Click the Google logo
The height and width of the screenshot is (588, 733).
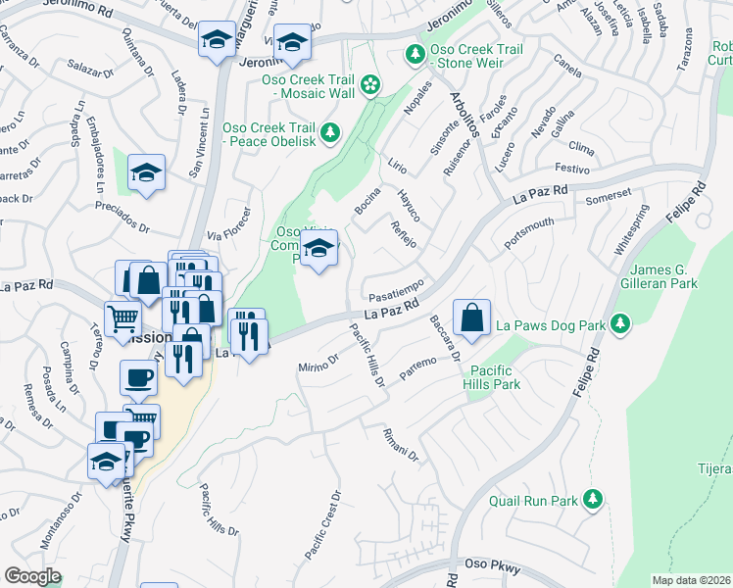click(x=32, y=576)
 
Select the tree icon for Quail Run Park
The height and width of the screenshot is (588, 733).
click(x=592, y=500)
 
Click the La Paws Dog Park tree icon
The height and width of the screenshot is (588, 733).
click(x=619, y=323)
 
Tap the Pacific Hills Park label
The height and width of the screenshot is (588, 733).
click(x=495, y=377)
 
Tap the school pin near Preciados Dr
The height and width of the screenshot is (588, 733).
click(x=146, y=172)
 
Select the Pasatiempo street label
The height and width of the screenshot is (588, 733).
click(x=396, y=291)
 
